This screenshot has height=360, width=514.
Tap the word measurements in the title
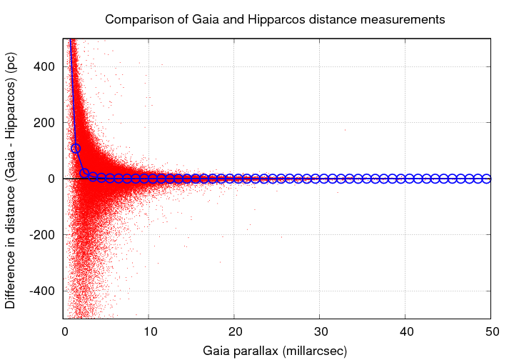point(405,19)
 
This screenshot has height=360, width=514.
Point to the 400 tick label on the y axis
point(46,66)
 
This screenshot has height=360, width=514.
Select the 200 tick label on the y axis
point(46,122)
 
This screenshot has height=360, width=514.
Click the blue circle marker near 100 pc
point(76,149)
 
